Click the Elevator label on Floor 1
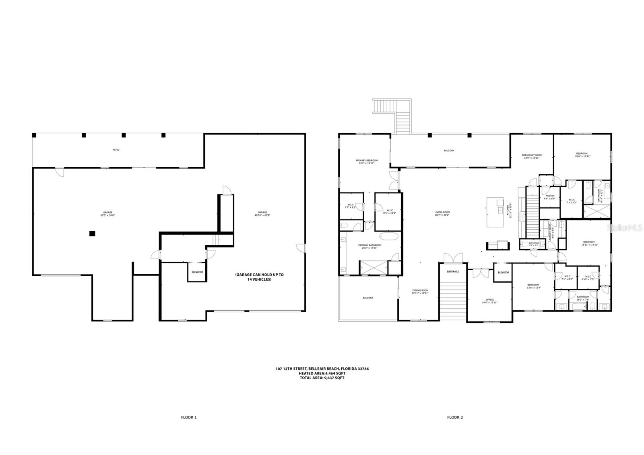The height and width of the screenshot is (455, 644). click(x=197, y=272)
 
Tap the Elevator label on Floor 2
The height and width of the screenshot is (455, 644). click(x=503, y=273)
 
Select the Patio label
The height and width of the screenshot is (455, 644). click(x=116, y=150)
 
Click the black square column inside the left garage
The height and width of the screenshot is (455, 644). click(x=92, y=233)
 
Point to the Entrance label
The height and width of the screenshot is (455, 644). click(x=453, y=271)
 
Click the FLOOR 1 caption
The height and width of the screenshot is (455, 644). click(x=189, y=418)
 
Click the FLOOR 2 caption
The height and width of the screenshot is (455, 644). click(x=455, y=418)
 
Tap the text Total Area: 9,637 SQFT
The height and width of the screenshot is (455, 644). click(x=322, y=378)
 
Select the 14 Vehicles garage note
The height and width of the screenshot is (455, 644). click(x=259, y=277)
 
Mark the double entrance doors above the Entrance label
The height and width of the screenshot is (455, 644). click(x=453, y=258)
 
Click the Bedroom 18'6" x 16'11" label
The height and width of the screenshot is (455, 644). click(x=582, y=155)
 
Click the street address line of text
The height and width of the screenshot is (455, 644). click(x=322, y=368)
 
